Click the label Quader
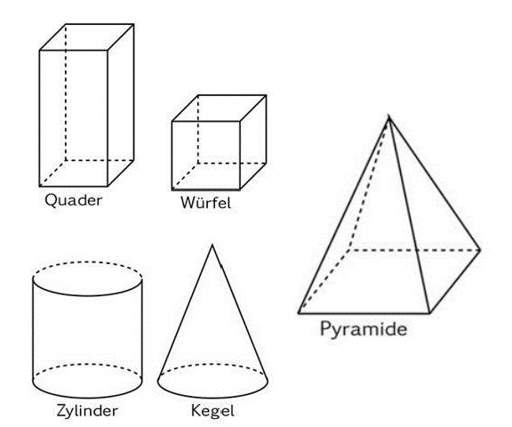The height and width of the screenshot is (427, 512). (74, 200)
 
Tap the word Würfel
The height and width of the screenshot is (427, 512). (205, 203)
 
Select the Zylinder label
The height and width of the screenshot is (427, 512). (87, 411)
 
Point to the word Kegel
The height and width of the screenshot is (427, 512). (212, 411)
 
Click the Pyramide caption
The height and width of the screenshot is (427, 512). (364, 329)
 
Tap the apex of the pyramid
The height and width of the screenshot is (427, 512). (388, 117)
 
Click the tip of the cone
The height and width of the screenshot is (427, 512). (212, 245)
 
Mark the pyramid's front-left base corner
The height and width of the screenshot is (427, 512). (299, 313)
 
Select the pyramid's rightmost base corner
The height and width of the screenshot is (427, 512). (480, 250)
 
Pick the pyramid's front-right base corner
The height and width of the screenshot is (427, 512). (429, 313)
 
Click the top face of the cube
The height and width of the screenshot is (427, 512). (219, 109)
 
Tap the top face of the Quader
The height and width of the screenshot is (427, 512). (86, 36)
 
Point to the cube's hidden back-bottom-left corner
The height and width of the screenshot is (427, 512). (198, 163)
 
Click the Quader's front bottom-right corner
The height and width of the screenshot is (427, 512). (108, 186)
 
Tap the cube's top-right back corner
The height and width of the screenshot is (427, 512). (266, 95)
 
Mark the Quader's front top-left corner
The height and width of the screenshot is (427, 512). (39, 51)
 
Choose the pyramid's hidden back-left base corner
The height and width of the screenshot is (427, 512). (348, 250)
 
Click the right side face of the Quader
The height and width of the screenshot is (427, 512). (121, 105)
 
